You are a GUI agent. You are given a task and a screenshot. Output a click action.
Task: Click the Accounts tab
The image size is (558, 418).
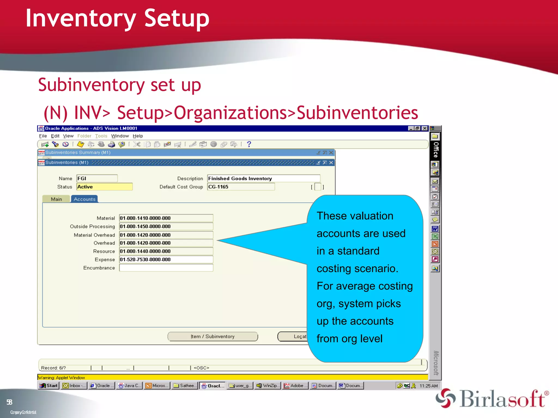click(x=84, y=199)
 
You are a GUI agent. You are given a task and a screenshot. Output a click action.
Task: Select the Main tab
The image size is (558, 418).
click(x=56, y=199)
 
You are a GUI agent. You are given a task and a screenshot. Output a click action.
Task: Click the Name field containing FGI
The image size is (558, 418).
click(x=97, y=179)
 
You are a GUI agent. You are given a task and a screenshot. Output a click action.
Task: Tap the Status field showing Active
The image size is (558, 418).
click(x=104, y=187)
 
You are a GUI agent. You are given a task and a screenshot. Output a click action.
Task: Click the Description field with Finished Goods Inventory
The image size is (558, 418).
click(x=263, y=179)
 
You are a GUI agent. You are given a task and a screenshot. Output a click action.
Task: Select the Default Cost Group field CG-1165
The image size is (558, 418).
click(x=241, y=187)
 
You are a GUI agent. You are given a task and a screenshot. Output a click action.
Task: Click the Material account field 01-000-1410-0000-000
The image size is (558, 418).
click(x=166, y=218)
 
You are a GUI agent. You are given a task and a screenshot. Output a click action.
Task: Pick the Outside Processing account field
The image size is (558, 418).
click(x=166, y=226)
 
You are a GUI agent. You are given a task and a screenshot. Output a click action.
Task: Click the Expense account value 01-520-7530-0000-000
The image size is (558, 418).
click(x=166, y=260)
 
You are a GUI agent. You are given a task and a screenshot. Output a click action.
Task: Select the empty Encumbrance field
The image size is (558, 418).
click(x=166, y=268)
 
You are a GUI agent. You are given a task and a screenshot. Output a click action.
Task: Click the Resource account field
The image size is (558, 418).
click(x=166, y=251)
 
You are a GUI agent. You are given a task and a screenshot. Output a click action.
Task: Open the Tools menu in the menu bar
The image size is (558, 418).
click(x=101, y=136)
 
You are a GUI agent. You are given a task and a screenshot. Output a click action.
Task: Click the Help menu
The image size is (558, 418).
click(x=138, y=136)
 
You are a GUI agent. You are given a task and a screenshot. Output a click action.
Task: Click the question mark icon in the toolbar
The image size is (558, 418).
click(x=249, y=144)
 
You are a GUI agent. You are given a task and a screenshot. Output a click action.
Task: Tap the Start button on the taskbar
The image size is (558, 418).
click(x=49, y=386)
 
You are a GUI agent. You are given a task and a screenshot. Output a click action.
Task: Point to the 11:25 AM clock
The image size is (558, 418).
click(x=428, y=386)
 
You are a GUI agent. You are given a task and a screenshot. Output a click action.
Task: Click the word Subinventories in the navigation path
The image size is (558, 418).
click(x=357, y=113)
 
